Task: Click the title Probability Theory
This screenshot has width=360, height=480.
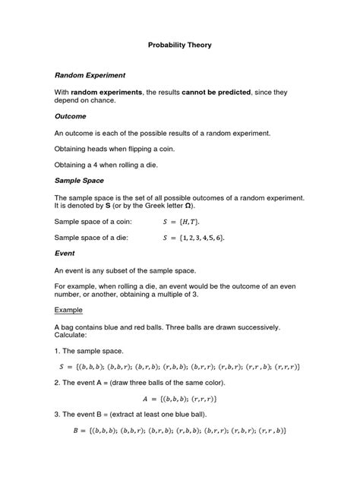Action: (179, 46)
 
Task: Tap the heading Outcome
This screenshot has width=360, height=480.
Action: (71, 117)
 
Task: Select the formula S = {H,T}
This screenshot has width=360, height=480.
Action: (185, 222)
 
